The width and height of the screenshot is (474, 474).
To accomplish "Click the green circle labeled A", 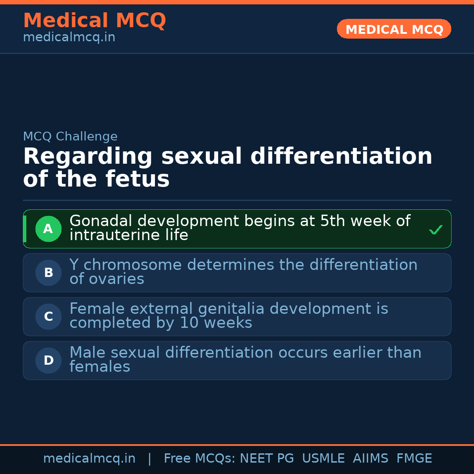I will (48, 229).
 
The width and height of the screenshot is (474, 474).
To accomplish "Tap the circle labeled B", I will (48, 273).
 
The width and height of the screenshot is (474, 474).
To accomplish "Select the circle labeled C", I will (48, 316).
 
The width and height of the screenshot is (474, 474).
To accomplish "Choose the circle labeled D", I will (48, 360).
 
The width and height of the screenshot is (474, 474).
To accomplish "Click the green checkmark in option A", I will (435, 230).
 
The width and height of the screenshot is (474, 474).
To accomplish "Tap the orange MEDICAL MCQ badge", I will (394, 29).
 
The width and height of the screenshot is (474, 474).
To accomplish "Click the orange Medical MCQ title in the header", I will (94, 21).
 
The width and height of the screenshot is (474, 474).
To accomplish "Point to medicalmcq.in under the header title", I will (69, 38).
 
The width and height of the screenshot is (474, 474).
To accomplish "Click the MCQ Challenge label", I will (70, 136).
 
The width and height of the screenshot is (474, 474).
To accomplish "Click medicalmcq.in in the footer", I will (89, 459).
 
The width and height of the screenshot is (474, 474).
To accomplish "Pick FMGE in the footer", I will (414, 459).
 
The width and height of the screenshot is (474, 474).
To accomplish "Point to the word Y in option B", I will (74, 265).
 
